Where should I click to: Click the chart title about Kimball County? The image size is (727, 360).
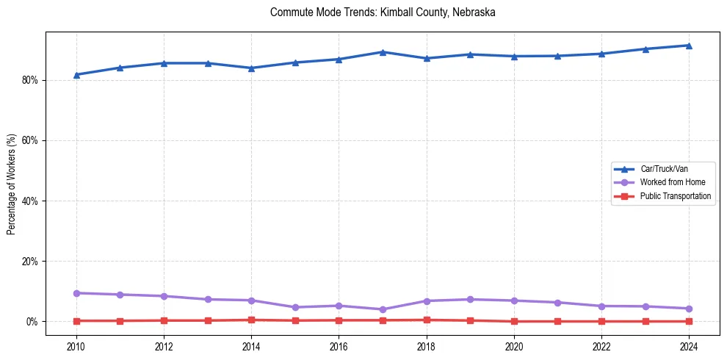click(x=383, y=12)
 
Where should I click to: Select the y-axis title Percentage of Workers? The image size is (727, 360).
click(x=11, y=184)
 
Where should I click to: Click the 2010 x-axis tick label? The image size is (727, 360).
click(x=76, y=345)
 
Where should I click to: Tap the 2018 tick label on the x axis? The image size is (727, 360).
click(x=427, y=345)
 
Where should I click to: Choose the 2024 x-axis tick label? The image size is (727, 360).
click(x=689, y=345)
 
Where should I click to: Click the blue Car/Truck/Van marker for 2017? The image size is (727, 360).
click(x=383, y=52)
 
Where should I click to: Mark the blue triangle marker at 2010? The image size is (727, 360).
click(x=76, y=75)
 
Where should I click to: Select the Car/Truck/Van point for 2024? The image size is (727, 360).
click(x=689, y=46)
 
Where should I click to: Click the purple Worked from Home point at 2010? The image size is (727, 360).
click(x=76, y=293)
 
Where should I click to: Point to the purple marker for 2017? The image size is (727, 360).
click(x=383, y=309)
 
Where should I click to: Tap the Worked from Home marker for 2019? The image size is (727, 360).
click(x=470, y=299)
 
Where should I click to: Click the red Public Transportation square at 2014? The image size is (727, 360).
click(x=251, y=320)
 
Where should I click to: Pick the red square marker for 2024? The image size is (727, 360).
click(x=689, y=321)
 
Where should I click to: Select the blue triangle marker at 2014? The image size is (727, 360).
click(x=251, y=68)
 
